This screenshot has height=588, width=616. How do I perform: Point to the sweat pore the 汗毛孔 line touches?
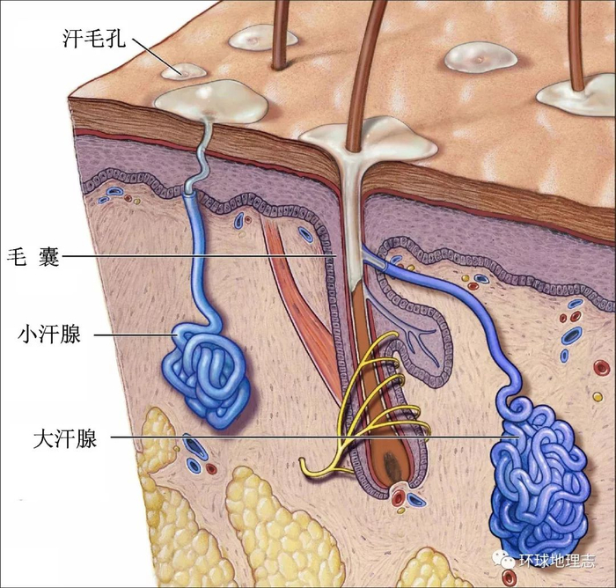[187, 70]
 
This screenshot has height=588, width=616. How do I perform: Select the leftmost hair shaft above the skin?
[280, 31]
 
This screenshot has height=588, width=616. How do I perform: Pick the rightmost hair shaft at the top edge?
[576, 40]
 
